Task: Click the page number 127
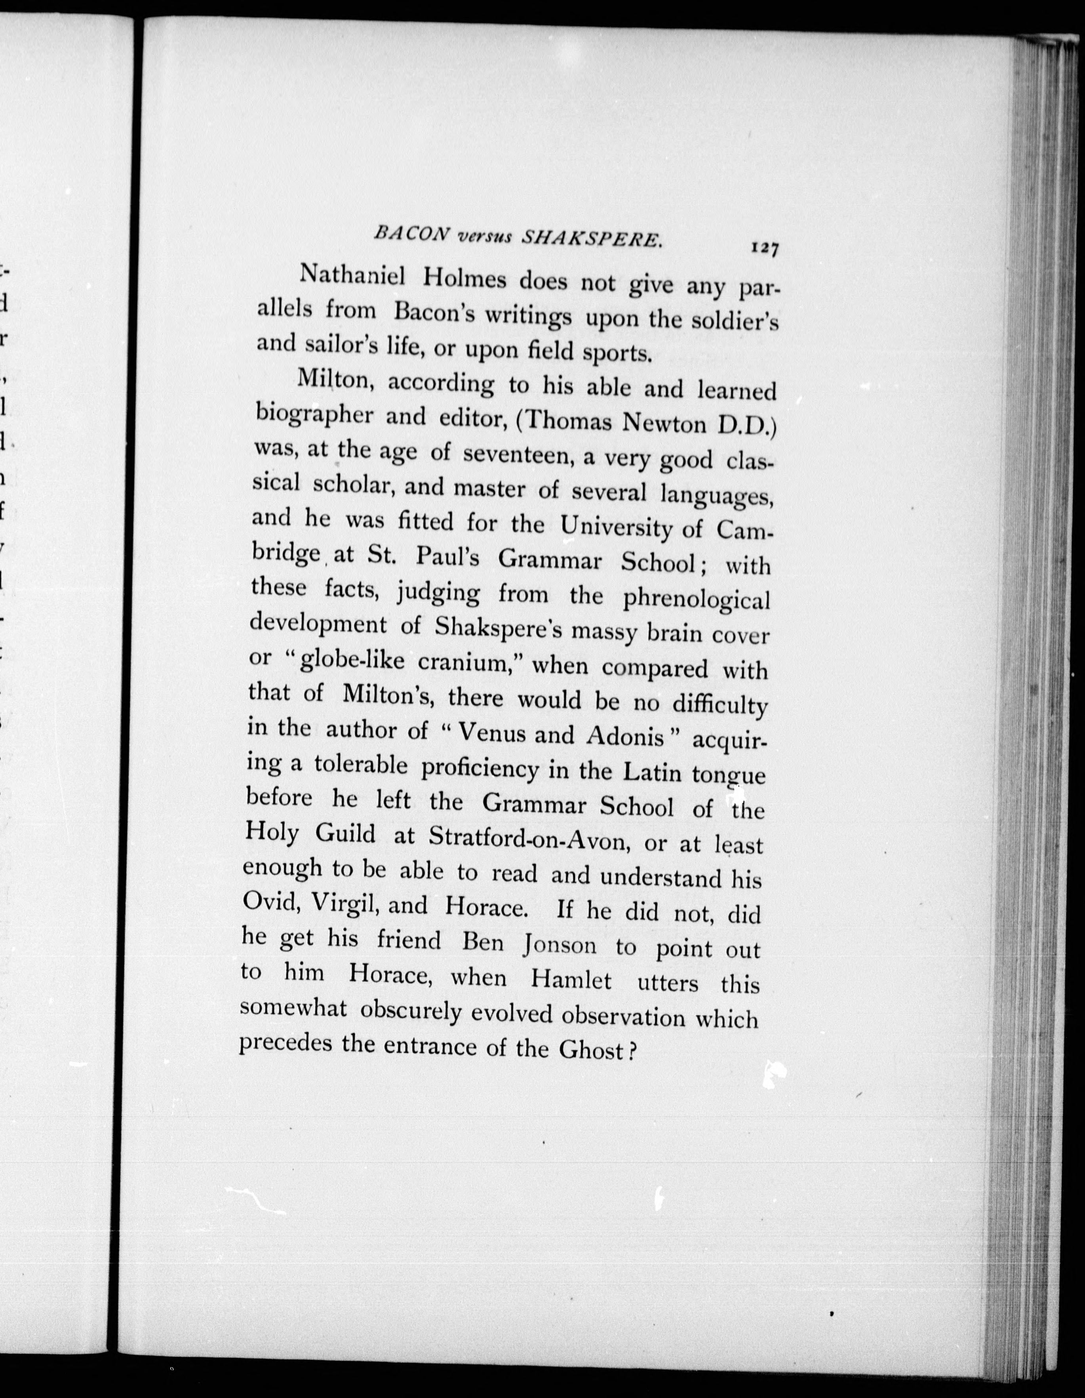(765, 248)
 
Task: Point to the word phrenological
(696, 598)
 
